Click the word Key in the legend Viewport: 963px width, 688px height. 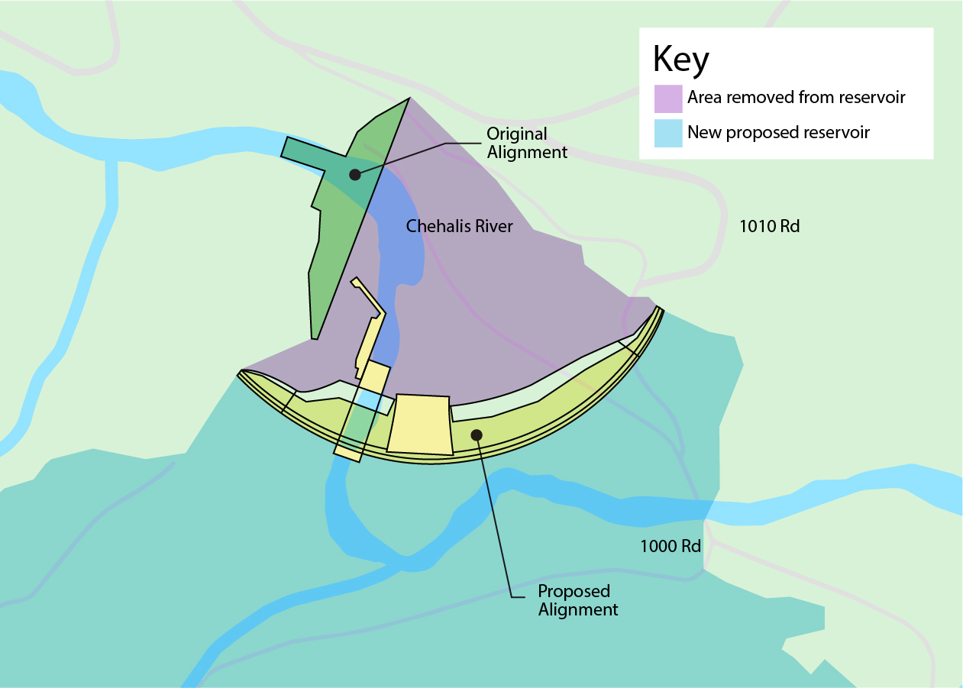coord(681,60)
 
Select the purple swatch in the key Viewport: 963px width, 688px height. coord(667,99)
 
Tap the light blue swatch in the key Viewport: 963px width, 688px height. coord(667,133)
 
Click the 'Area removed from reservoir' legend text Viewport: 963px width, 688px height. coord(796,98)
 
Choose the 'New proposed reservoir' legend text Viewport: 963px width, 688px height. coord(778,133)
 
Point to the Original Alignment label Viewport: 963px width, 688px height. coord(527,143)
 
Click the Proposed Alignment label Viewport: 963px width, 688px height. coord(578,600)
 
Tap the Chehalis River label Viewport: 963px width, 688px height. coord(459,226)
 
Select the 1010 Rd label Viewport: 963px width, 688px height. coord(769,226)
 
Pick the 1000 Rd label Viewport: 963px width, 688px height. coord(671,546)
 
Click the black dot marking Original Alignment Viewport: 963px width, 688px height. coord(354,175)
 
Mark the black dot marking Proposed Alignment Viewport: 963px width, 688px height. coord(477,434)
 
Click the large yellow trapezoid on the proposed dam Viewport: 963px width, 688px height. coord(419,424)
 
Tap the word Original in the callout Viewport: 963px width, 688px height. coord(517,134)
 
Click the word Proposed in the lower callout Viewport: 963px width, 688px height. coord(574,592)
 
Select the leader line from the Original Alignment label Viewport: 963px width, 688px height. coord(412,153)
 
